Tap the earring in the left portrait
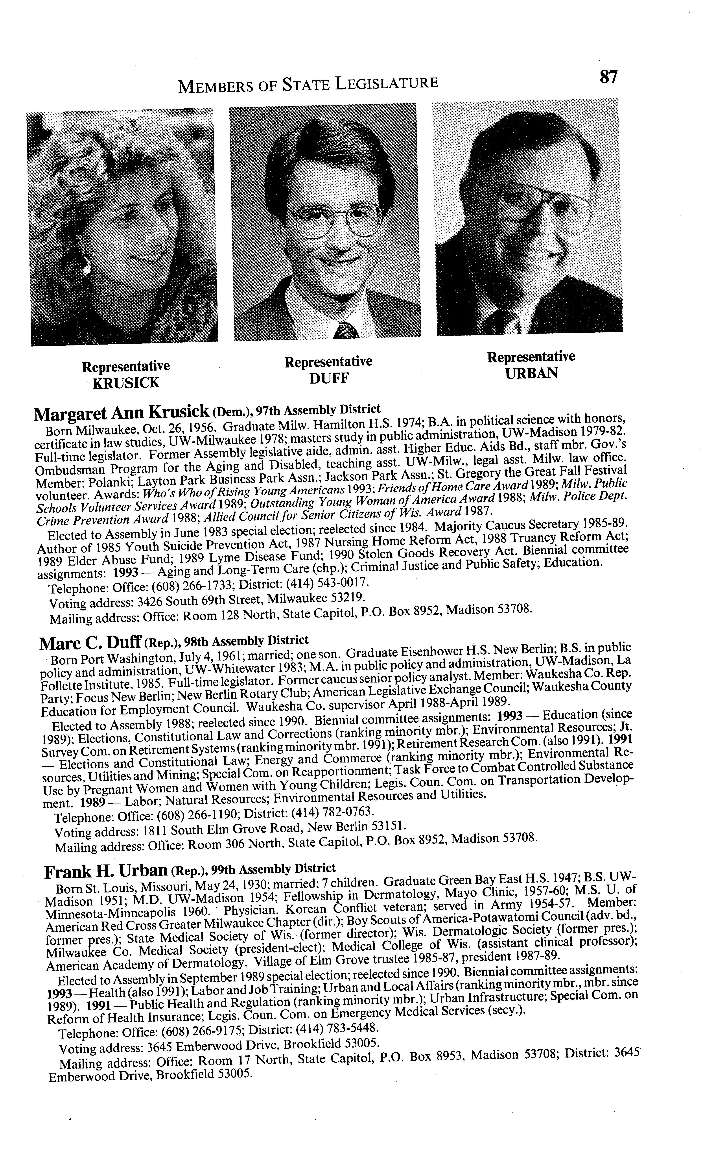(x=87, y=265)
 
